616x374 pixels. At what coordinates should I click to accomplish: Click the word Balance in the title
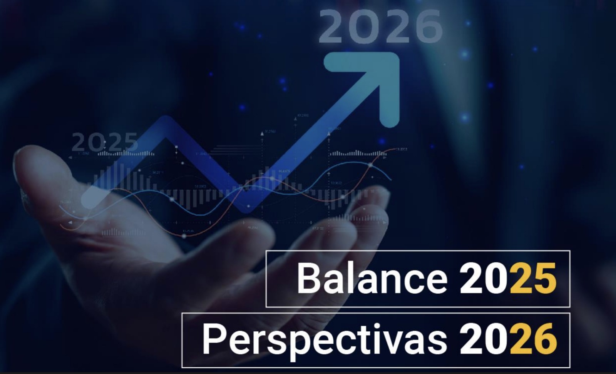372,278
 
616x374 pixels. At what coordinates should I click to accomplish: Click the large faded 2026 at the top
380,26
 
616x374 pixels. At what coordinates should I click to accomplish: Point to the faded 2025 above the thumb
105,142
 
